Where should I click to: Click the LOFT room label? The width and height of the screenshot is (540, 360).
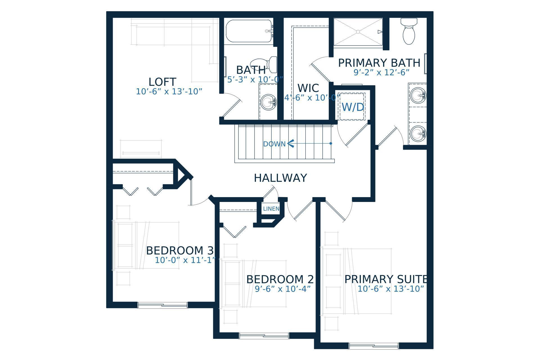point(162,82)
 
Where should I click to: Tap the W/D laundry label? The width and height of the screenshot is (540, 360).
point(353,107)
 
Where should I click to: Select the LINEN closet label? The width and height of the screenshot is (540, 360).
point(271,209)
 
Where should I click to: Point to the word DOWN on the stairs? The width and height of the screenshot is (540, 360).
point(274,144)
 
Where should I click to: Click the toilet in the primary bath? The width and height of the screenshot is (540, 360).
point(409,31)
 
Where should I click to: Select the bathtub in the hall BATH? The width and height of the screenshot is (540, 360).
point(249,31)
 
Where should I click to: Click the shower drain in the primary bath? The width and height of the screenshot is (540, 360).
point(358,32)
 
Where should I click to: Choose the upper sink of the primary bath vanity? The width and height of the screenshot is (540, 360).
point(418,95)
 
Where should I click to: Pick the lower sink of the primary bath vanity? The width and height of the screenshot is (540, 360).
point(418,134)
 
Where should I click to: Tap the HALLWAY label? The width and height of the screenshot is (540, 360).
point(280,178)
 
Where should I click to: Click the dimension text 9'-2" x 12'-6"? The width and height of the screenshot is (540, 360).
point(381,73)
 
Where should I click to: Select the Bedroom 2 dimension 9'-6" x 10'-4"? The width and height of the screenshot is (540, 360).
point(283,289)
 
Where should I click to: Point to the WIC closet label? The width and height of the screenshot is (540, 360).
point(308,88)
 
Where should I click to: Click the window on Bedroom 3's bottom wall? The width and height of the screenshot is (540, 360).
point(162,305)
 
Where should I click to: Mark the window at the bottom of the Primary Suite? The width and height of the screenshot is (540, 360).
point(373,346)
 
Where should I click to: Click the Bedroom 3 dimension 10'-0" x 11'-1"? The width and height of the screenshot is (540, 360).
point(185,260)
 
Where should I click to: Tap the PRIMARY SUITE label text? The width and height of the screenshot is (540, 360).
point(386,279)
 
